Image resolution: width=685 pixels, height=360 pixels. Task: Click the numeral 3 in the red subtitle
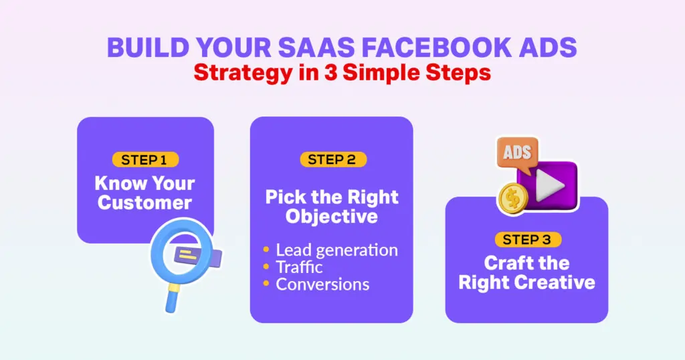[x=330, y=72]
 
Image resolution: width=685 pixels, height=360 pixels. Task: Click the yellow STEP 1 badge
[x=145, y=159]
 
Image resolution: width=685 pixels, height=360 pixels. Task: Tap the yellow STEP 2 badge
[x=333, y=159]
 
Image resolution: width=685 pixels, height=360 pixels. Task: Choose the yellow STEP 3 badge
[x=528, y=240]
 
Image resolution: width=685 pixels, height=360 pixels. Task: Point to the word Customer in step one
[x=144, y=203]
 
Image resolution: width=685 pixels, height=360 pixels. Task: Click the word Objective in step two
[x=332, y=217]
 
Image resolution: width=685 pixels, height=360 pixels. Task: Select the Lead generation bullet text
[x=337, y=250]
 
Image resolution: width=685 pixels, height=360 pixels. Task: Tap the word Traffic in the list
[x=299, y=267]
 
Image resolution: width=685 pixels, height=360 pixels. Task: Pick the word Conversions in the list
[x=322, y=284]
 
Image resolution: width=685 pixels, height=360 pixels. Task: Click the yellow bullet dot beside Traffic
[x=266, y=266]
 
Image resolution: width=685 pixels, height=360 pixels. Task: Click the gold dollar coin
[x=513, y=199]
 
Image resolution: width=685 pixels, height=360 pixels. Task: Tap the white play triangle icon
[x=549, y=185]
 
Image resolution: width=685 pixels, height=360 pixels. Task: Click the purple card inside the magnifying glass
[x=197, y=256]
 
